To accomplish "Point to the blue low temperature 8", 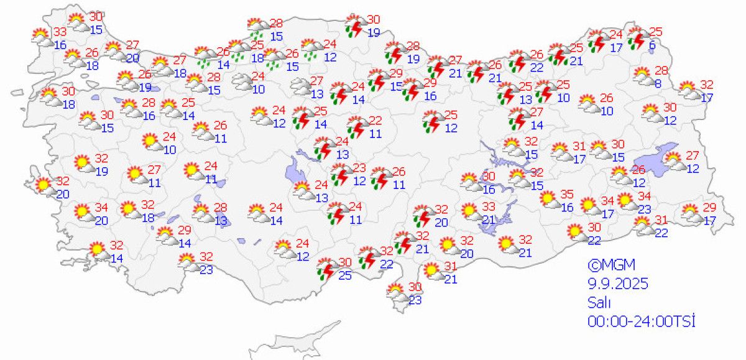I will point(656,83).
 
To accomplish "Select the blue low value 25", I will point(345,275).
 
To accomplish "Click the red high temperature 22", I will point(375,120).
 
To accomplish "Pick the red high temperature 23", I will point(359,168).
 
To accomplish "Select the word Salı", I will point(599,303).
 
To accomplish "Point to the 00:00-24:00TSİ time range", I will point(641,321).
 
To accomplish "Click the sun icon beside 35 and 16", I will point(548,199).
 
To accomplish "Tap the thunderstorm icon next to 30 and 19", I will point(355,26).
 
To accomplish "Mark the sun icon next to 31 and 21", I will point(431,271).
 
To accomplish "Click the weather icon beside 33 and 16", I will point(42,37).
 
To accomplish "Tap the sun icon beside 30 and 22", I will point(576,232).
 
